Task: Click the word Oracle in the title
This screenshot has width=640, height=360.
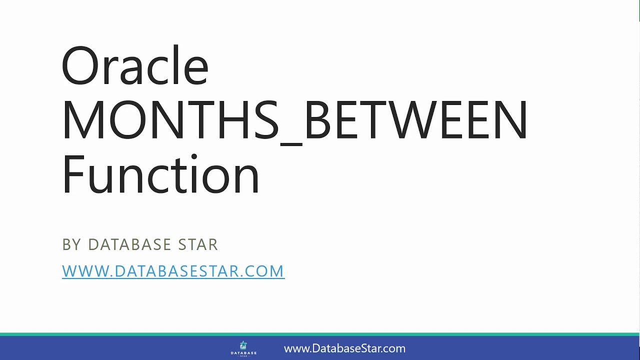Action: pyautogui.click(x=134, y=65)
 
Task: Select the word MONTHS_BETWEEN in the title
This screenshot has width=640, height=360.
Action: pyautogui.click(x=294, y=120)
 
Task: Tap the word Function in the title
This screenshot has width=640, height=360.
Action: pyautogui.click(x=160, y=174)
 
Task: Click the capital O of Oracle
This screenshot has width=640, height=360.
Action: pyautogui.click(x=80, y=66)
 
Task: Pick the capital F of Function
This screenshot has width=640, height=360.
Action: pyautogui.click(x=73, y=174)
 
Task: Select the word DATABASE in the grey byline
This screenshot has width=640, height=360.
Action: pyautogui.click(x=129, y=244)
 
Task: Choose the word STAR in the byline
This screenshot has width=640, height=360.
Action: pyautogui.click(x=198, y=244)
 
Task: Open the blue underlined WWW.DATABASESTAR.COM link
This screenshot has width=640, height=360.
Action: pyautogui.click(x=173, y=271)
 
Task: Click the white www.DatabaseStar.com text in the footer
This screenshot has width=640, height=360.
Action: pyautogui.click(x=344, y=348)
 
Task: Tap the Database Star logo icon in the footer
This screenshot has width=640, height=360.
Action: pyautogui.click(x=243, y=345)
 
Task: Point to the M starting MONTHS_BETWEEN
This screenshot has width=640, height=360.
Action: pyautogui.click(x=82, y=120)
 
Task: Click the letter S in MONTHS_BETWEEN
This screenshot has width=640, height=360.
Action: pyautogui.click(x=263, y=120)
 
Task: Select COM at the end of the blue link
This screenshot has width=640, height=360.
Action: pyautogui.click(x=266, y=271)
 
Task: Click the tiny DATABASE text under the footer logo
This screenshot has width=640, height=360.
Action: pyautogui.click(x=243, y=353)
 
